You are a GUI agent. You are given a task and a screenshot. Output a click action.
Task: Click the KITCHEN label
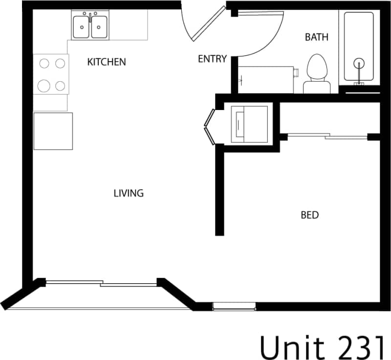click(106, 62)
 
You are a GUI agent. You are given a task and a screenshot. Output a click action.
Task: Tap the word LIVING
click(129, 193)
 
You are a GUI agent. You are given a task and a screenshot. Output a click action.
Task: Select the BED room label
click(309, 215)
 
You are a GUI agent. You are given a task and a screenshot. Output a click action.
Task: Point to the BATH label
click(316, 37)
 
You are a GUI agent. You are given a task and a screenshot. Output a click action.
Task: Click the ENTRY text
click(212, 59)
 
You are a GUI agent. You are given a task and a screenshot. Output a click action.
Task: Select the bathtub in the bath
click(359, 46)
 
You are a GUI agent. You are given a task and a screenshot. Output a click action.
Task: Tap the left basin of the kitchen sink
click(81, 26)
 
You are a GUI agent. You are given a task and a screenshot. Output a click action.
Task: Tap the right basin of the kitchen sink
click(99, 26)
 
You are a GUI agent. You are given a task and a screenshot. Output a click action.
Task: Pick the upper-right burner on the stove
click(60, 63)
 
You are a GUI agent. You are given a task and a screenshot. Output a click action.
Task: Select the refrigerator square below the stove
click(53, 131)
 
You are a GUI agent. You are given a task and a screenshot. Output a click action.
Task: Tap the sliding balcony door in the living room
click(102, 283)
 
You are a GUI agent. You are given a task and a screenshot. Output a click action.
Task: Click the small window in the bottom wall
click(234, 307)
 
